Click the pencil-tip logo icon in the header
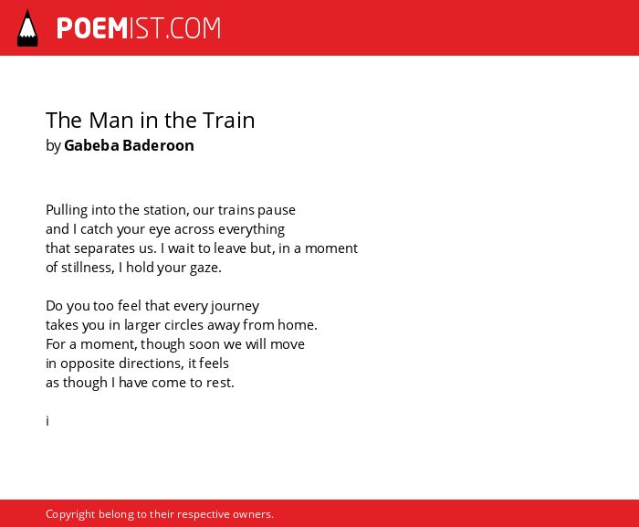pos(27,28)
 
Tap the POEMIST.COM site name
pos(139,28)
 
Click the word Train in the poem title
pos(228,121)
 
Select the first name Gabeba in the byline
pos(91,145)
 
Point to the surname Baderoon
pos(158,145)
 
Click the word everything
pos(251,229)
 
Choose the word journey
pos(235,306)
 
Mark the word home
pos(297,325)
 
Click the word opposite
pos(88,364)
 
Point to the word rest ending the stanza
pos(220,383)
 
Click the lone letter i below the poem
pos(47,420)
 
